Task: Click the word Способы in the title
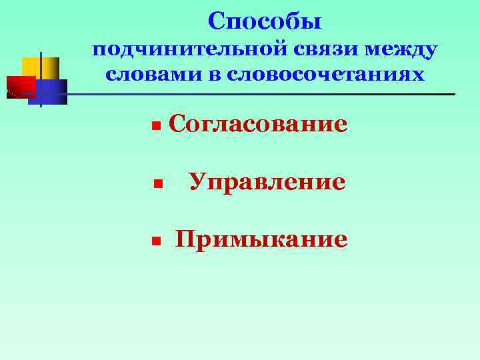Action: point(265,21)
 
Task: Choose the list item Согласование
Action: point(258,123)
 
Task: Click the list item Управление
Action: point(267,181)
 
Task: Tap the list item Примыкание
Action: point(261,239)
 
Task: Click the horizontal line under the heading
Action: point(267,94)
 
